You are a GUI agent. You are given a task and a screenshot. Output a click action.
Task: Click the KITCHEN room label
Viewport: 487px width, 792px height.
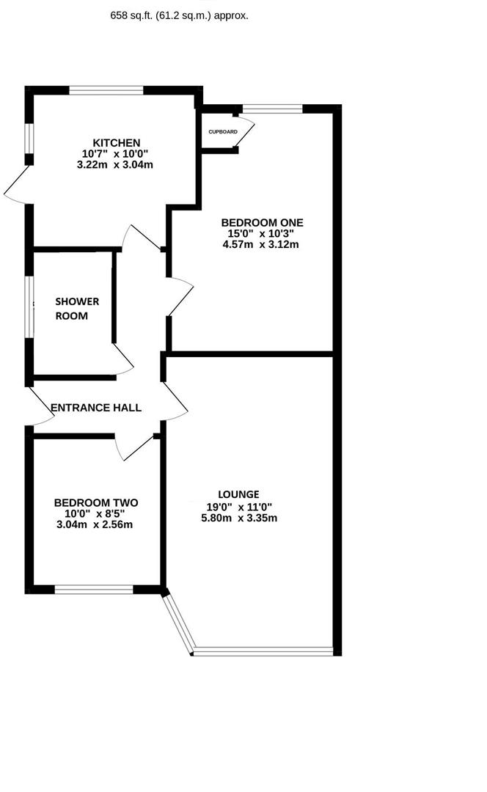tap(116, 143)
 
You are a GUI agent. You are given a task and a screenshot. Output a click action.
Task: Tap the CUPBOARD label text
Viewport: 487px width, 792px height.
tap(223, 132)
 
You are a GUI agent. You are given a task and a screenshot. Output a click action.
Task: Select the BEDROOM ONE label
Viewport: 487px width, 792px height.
tap(262, 223)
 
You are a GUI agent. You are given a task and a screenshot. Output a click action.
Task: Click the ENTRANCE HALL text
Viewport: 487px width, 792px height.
tap(96, 408)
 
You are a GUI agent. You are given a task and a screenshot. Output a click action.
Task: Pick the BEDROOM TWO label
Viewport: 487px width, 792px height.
tap(96, 502)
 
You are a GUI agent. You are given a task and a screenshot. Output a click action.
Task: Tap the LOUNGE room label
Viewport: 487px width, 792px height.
tap(238, 494)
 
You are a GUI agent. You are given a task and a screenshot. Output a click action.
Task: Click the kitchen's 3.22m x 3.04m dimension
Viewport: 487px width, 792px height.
tap(114, 165)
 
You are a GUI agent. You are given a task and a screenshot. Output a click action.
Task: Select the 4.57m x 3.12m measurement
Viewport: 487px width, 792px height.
tap(260, 244)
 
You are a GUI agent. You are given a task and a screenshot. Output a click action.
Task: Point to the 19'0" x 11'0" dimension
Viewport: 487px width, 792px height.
tap(239, 507)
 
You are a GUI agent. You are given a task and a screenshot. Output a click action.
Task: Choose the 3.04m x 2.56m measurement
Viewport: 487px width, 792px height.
tap(95, 524)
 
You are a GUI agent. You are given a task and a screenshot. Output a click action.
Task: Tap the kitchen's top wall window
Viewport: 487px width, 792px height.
tap(106, 90)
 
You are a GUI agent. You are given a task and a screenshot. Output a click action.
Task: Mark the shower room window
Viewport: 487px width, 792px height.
tap(29, 307)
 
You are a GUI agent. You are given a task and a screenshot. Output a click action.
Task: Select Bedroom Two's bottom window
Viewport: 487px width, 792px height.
tap(94, 590)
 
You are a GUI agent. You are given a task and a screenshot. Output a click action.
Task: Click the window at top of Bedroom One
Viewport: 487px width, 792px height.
tap(273, 109)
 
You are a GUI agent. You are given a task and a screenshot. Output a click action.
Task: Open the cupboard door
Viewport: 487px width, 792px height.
tap(245, 134)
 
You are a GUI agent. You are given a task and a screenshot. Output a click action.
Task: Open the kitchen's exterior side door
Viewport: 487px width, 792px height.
tap(17, 185)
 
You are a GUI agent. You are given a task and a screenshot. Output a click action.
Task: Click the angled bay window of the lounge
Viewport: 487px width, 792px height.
tap(178, 624)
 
